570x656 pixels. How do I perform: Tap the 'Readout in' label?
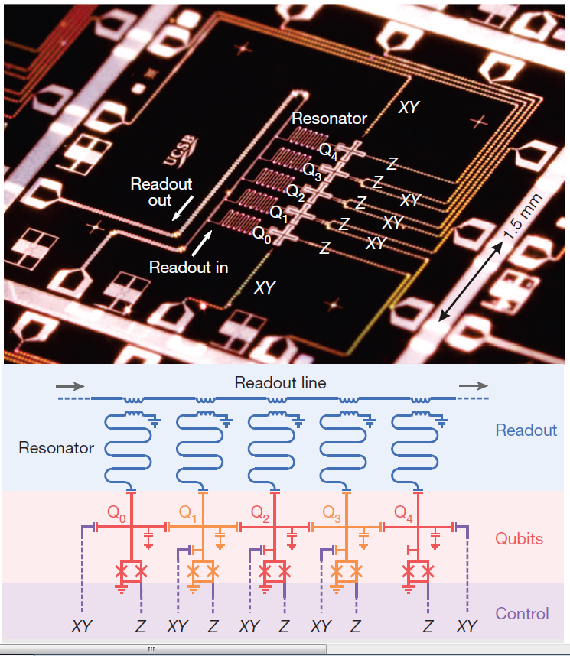188,268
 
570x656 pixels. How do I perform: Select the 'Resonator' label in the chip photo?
329,119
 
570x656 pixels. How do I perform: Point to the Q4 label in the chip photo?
328,149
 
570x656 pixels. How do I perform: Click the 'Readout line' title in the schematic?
280,383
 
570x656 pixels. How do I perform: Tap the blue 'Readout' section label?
526,430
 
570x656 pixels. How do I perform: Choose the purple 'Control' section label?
522,613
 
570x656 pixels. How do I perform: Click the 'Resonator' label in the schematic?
57,448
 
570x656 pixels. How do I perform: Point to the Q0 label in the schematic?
118,511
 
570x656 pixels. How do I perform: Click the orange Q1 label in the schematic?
190,511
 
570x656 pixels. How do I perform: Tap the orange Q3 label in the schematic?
331,511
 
